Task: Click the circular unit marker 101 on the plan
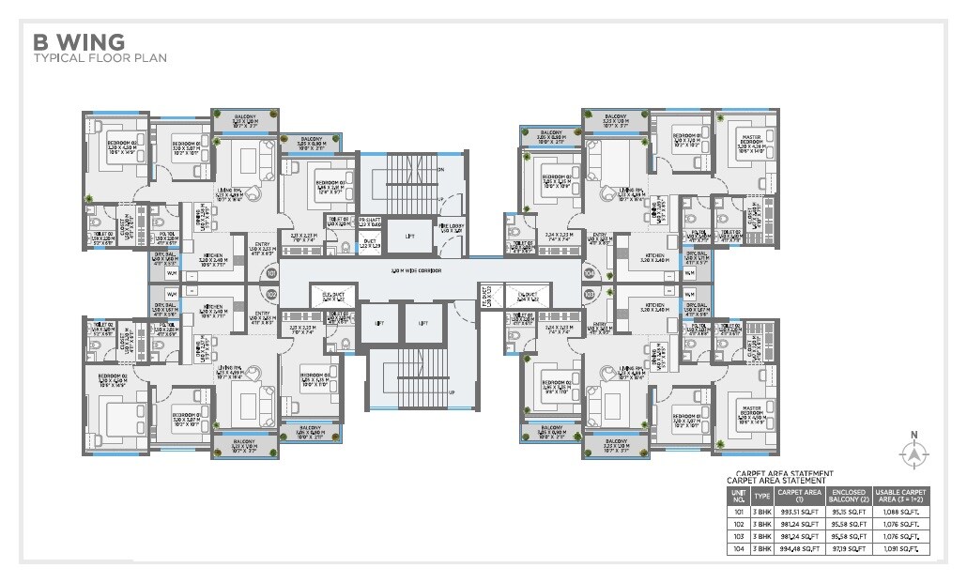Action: (x=272, y=274)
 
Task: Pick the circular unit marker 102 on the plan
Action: (x=272, y=294)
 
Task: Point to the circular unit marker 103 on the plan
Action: (x=590, y=294)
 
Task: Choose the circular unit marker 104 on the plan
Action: (x=590, y=274)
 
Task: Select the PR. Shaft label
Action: (x=370, y=223)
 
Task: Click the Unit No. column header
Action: (x=738, y=495)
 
